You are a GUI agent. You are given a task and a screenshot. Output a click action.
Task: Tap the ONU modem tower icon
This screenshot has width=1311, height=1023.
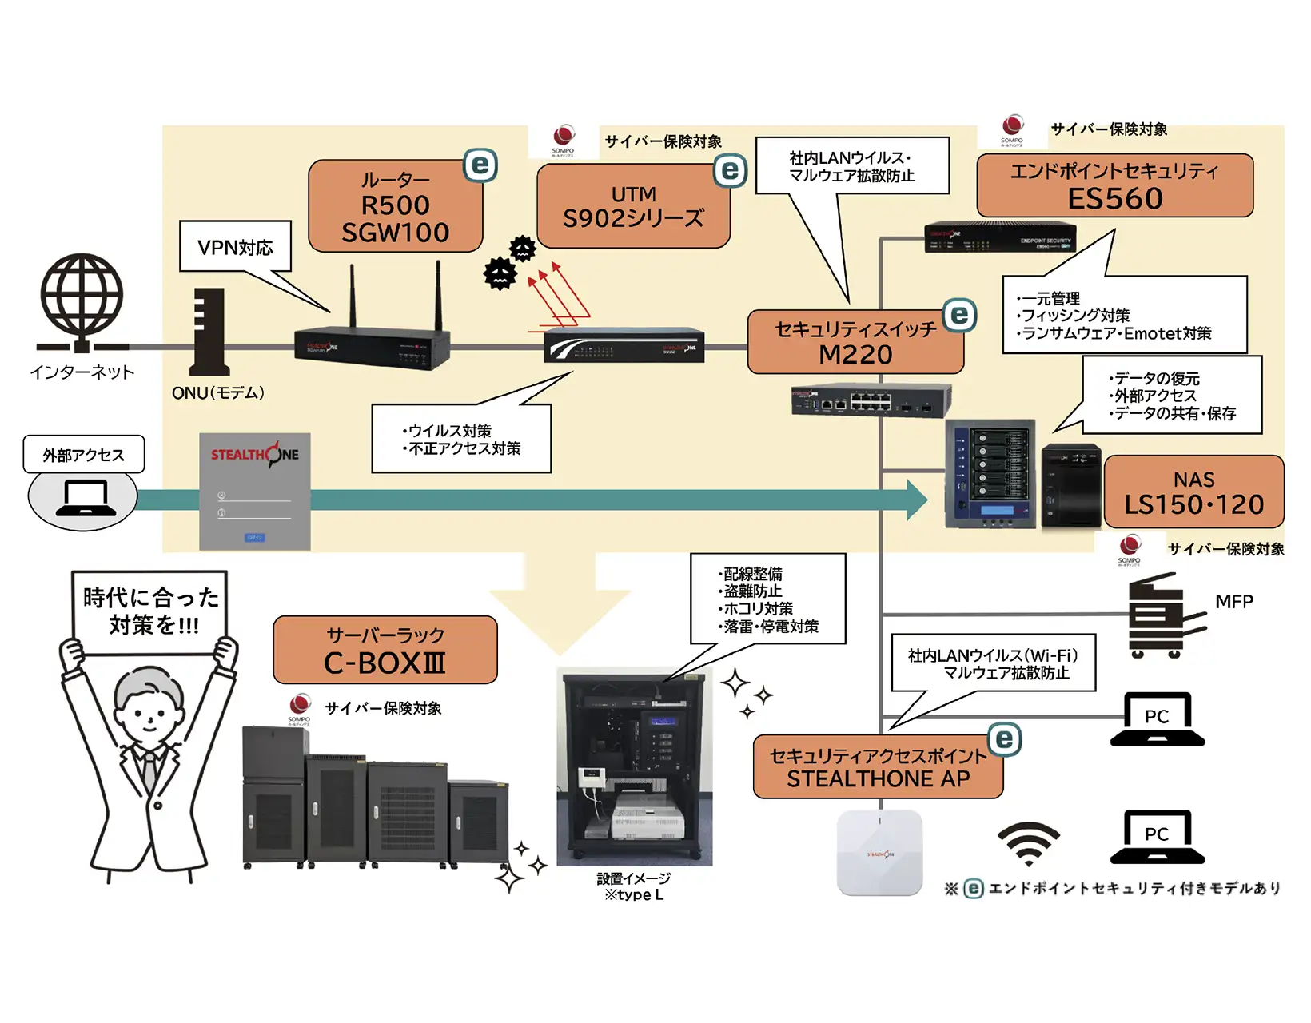click(x=209, y=332)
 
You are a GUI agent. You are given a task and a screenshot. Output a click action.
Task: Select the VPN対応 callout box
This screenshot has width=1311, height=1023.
click(x=235, y=247)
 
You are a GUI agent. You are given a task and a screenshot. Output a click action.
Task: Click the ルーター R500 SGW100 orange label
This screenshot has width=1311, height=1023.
click(x=396, y=206)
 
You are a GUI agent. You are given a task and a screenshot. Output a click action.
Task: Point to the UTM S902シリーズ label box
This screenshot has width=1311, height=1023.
click(x=633, y=206)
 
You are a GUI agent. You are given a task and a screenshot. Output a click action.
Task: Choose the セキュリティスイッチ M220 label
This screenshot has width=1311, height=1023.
click(x=855, y=342)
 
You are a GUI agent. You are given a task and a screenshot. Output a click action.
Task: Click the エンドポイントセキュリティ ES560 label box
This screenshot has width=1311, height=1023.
click(x=1114, y=185)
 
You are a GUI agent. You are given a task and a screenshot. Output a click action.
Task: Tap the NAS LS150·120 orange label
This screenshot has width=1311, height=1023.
click(x=1193, y=492)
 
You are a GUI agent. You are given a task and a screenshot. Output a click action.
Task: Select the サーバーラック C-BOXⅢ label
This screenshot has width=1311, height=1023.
click(x=385, y=650)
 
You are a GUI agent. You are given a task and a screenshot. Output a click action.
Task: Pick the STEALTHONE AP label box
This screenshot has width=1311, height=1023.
click(x=878, y=767)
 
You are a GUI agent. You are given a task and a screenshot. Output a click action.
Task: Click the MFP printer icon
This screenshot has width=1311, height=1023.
click(x=1163, y=615)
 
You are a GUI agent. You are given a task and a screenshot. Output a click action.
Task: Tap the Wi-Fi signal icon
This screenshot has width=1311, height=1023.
click(x=1028, y=844)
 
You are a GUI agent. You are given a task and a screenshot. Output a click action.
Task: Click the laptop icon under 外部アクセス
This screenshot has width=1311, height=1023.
click(x=83, y=500)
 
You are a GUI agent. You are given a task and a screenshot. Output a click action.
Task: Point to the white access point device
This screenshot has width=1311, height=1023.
click(x=879, y=852)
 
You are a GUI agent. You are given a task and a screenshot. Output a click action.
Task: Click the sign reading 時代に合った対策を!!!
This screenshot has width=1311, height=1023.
click(x=150, y=611)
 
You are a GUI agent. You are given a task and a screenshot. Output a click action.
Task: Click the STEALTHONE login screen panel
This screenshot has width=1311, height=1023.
click(x=254, y=492)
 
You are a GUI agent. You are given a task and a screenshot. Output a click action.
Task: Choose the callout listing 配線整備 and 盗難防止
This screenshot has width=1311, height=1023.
click(x=767, y=599)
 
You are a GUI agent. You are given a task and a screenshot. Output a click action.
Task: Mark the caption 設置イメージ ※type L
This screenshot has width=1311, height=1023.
click(x=634, y=886)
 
